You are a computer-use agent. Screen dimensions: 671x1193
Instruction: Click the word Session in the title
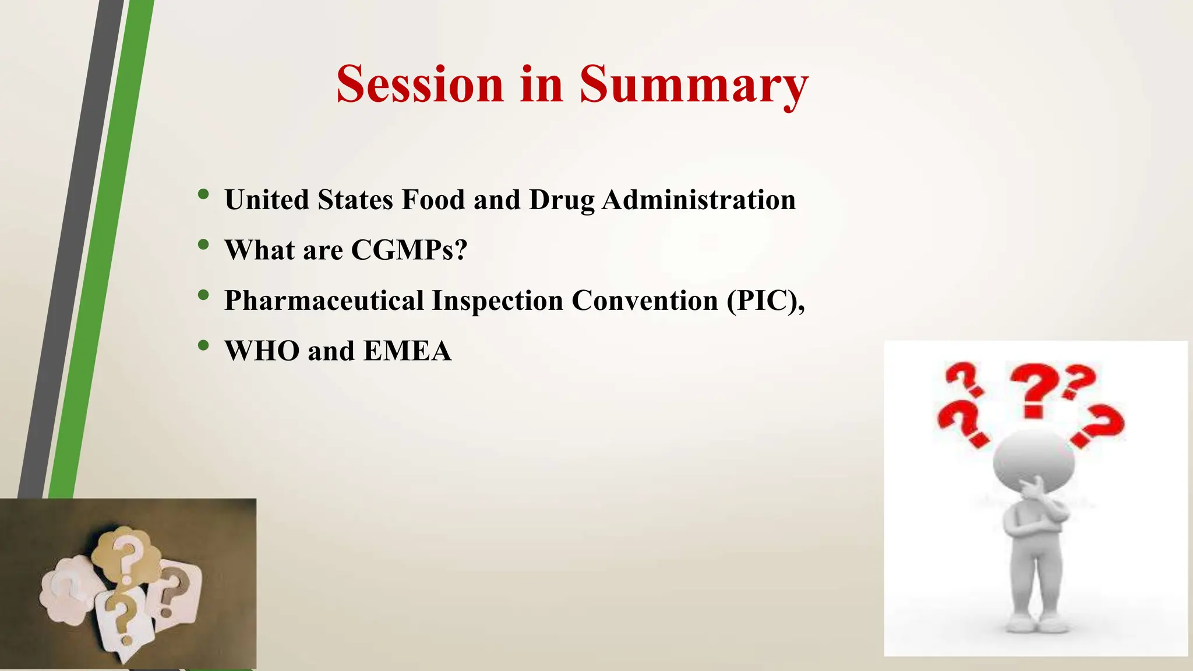pyautogui.click(x=419, y=84)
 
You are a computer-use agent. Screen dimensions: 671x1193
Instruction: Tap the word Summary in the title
pyautogui.click(x=693, y=84)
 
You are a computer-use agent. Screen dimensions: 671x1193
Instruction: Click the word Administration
pyautogui.click(x=698, y=200)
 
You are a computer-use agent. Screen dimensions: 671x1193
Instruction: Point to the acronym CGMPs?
pyautogui.click(x=409, y=250)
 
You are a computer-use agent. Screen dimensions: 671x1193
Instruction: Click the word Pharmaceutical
pyautogui.click(x=324, y=301)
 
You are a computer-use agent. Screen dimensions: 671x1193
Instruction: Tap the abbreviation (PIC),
pyautogui.click(x=765, y=301)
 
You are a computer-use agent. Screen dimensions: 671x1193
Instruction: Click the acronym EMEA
pyautogui.click(x=407, y=351)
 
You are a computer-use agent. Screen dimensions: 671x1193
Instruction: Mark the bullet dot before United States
pyautogui.click(x=203, y=195)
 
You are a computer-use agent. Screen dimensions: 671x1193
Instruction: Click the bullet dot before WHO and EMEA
pyautogui.click(x=203, y=346)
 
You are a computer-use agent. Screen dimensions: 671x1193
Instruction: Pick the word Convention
pyautogui.click(x=645, y=301)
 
